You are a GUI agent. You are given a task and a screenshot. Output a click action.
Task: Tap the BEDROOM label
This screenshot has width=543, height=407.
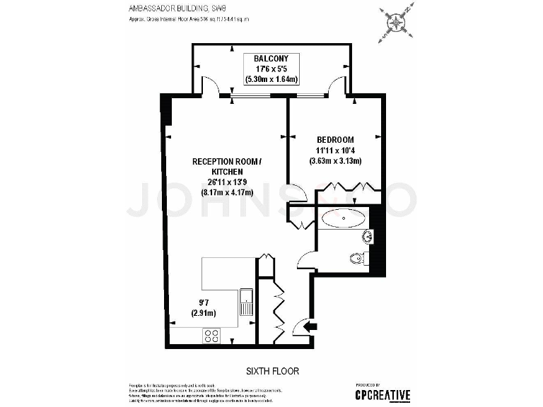(x=335, y=140)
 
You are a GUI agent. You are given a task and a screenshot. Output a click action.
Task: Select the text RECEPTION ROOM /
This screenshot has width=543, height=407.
(x=227, y=162)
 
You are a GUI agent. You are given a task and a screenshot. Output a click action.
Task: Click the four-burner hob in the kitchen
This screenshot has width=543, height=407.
(x=211, y=336)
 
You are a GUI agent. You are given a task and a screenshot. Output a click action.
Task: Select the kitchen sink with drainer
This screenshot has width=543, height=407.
(x=246, y=302)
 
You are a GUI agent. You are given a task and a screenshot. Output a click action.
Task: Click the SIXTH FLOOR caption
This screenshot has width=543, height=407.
(x=273, y=371)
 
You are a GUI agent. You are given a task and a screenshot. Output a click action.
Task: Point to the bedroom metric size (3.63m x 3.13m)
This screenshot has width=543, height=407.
(x=335, y=161)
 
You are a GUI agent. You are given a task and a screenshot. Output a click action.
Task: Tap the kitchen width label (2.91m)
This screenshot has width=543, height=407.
(x=203, y=313)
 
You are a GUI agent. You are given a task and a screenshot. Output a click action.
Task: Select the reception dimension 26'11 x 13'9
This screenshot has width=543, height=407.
(x=227, y=182)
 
